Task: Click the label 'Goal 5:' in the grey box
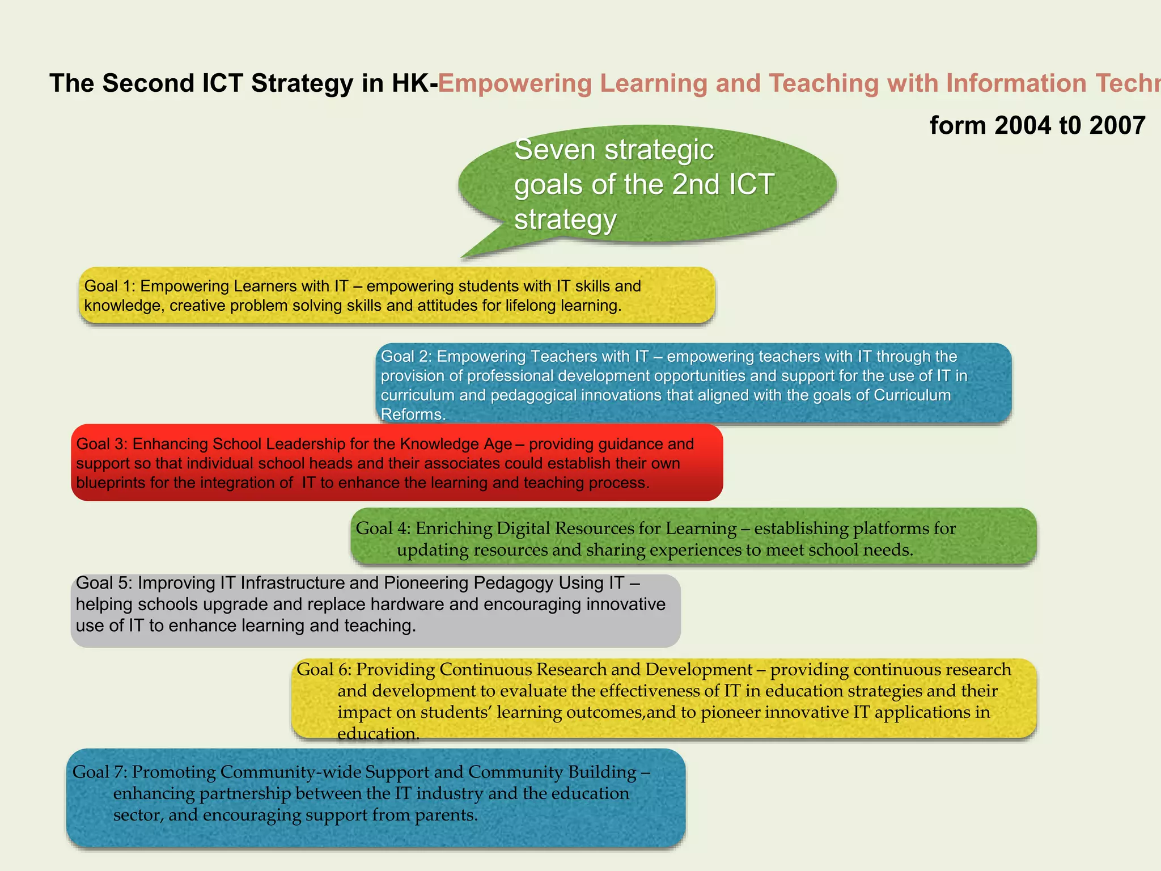pos(104,583)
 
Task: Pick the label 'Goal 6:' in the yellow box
pos(324,670)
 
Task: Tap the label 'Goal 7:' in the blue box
pos(99,772)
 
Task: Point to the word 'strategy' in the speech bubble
pos(565,220)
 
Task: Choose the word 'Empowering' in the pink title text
pos(515,83)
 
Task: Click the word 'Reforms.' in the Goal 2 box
pos(413,415)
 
